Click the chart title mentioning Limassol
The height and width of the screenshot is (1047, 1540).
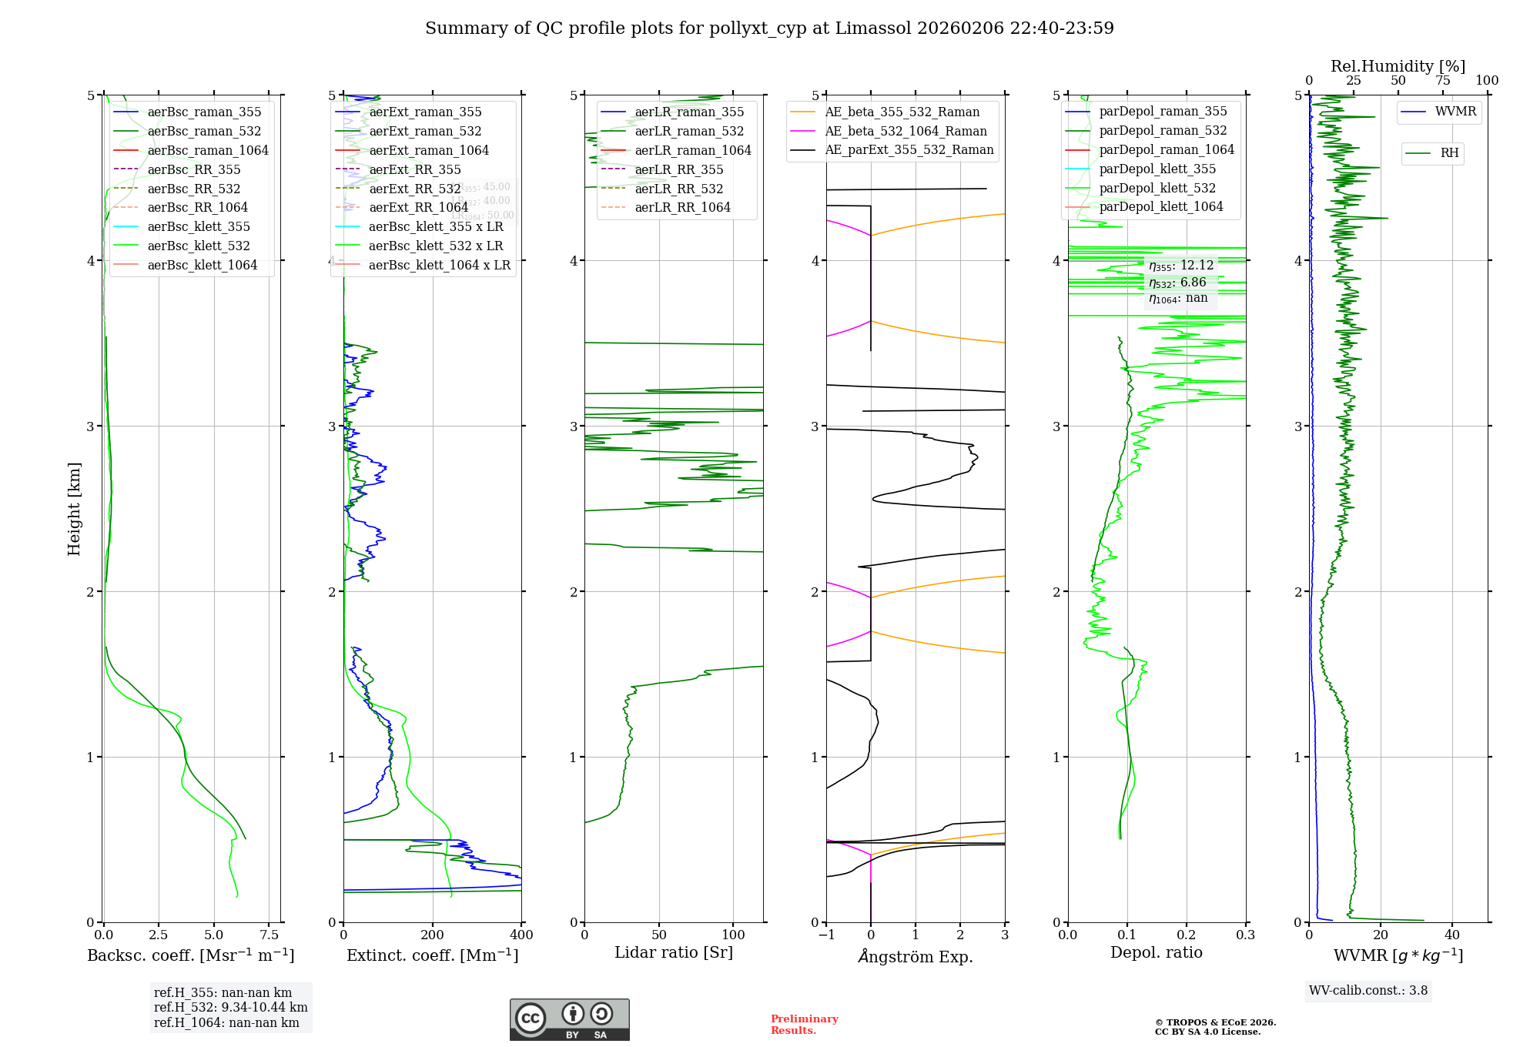[769, 28]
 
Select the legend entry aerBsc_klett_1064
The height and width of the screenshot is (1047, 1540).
[203, 265]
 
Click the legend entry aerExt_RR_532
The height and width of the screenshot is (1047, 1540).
[415, 189]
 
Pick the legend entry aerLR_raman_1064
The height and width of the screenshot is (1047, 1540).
[693, 150]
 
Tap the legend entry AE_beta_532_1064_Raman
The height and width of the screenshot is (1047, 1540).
[906, 131]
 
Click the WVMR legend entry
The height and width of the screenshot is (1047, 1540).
[1455, 112]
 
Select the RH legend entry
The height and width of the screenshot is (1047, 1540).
[1449, 153]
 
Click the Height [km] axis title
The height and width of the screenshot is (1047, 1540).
[74, 509]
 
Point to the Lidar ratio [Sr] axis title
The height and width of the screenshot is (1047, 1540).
[674, 952]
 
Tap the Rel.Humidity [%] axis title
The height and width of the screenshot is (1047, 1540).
[1398, 66]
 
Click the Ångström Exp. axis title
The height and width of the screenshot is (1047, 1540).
[916, 956]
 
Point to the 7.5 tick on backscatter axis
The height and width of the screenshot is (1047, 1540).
[269, 935]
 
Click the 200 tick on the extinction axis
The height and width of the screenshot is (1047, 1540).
[433, 935]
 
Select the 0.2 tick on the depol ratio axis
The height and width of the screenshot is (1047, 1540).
[1187, 935]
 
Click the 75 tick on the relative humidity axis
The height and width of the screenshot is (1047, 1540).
[1442, 81]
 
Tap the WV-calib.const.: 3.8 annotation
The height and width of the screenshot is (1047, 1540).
[1368, 991]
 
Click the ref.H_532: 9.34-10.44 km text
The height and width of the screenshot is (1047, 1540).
[230, 1007]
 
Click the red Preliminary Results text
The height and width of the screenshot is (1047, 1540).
[804, 1025]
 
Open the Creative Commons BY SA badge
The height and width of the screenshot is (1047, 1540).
[569, 1020]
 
